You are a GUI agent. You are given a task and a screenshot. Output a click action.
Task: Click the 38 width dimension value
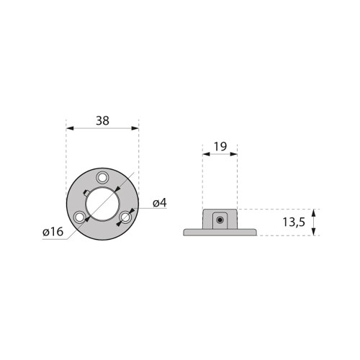click(102, 121)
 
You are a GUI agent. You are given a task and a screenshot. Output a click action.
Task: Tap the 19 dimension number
click(220, 146)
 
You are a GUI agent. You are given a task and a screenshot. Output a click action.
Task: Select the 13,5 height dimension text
click(293, 222)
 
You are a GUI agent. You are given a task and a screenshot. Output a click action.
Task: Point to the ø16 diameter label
click(53, 233)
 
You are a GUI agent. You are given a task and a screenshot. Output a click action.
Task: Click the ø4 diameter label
click(159, 203)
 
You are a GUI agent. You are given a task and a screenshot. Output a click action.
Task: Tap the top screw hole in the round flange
click(102, 177)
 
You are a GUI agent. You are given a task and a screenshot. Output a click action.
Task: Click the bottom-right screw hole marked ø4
click(125, 216)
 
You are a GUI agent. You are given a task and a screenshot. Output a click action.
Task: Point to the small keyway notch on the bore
click(86, 192)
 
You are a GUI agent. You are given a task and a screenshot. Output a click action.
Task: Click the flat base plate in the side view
click(220, 232)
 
